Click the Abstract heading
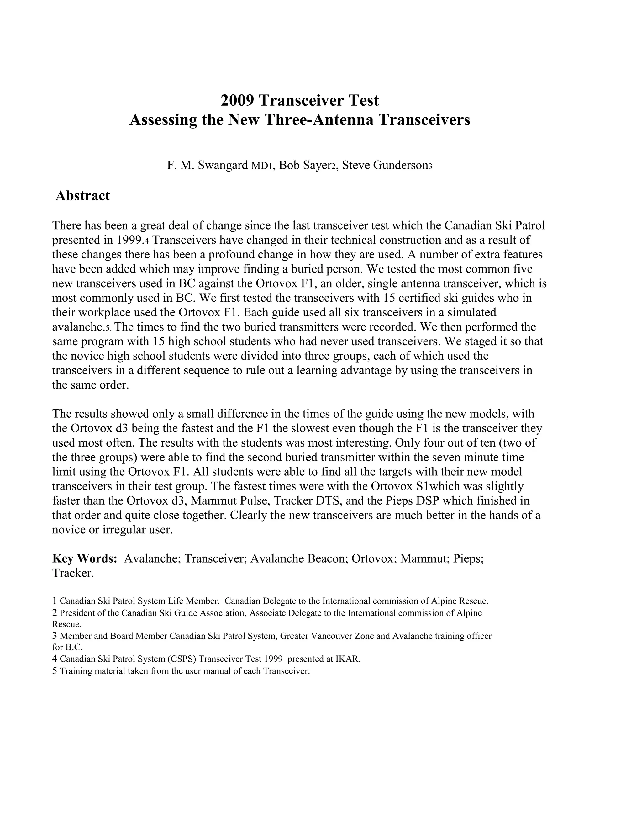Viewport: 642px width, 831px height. click(82, 196)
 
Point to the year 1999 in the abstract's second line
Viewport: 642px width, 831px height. click(129, 240)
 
